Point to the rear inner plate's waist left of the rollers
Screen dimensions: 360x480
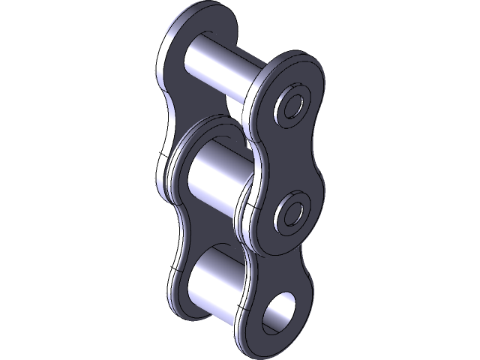pos(174,225)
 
